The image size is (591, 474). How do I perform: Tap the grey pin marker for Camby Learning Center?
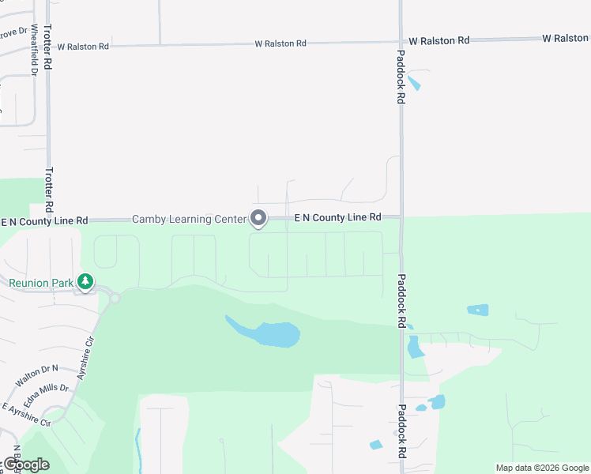tap(258, 218)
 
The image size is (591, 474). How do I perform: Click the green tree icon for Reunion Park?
tap(85, 281)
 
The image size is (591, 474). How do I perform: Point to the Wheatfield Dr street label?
tap(34, 55)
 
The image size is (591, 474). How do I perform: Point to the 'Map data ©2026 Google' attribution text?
tap(542, 468)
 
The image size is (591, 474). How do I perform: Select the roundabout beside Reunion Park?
tap(114, 298)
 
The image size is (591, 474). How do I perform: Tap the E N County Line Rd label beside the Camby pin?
tap(337, 217)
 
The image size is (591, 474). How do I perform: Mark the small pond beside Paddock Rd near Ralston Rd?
tap(413, 82)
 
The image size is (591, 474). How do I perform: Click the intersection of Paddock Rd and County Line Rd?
tap(401, 216)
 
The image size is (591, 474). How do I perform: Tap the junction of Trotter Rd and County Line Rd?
tap(49, 220)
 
